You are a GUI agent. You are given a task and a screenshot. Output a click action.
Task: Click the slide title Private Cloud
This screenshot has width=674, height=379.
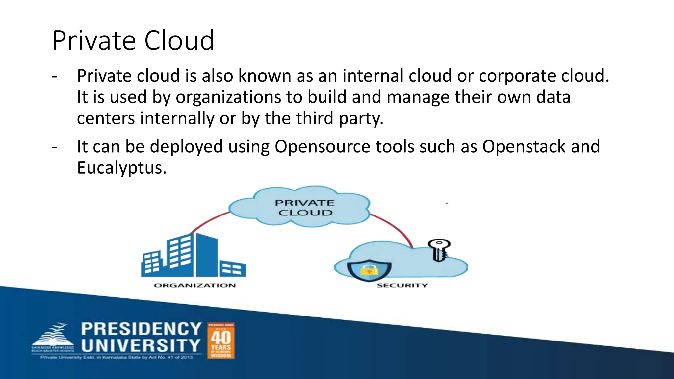133,40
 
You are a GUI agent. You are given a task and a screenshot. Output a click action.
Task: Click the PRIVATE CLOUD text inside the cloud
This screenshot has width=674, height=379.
305,208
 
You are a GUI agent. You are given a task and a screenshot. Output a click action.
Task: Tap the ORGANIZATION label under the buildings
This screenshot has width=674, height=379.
195,285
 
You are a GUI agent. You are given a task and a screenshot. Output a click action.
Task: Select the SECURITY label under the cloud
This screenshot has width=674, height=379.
402,285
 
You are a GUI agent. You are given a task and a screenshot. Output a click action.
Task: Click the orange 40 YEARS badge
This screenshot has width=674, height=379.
221,341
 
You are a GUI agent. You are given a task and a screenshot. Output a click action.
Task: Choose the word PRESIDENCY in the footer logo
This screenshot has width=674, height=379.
141,329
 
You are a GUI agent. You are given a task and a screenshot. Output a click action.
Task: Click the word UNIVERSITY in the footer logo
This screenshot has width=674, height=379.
141,346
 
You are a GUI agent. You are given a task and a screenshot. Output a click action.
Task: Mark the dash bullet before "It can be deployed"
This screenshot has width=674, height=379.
55,147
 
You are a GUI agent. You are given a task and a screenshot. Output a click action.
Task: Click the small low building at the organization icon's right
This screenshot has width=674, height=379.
232,268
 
